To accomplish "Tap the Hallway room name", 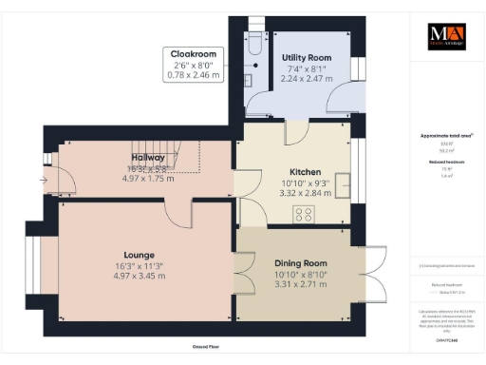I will point(148,158).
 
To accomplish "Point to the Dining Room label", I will point(300,262).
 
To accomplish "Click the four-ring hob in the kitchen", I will point(305,214).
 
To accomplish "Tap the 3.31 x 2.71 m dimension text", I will point(300,283).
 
